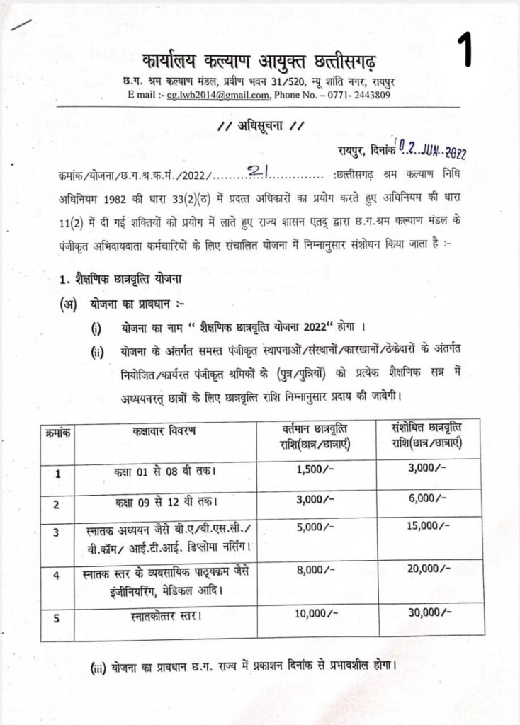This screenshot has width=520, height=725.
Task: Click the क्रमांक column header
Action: click(56, 431)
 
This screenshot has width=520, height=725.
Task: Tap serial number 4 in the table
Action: click(56, 575)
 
